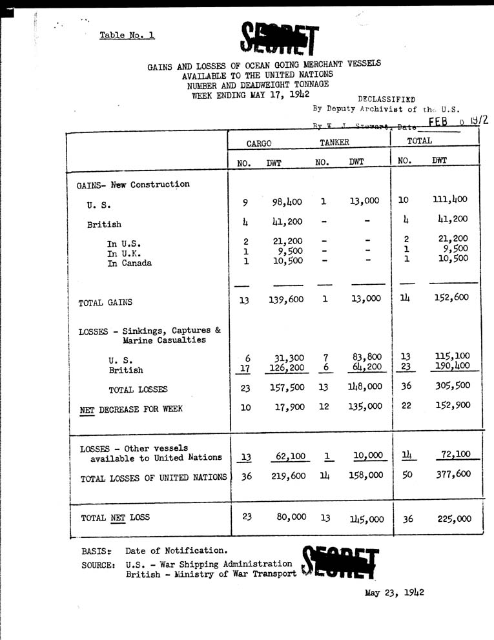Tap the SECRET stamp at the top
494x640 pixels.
tap(279, 37)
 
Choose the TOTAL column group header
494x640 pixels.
tap(420, 140)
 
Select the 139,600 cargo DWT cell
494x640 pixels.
tap(285, 300)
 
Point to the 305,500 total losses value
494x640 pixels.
tap(452, 386)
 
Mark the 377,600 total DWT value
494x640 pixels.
tap(452, 475)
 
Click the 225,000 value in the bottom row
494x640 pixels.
tap(452, 518)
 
